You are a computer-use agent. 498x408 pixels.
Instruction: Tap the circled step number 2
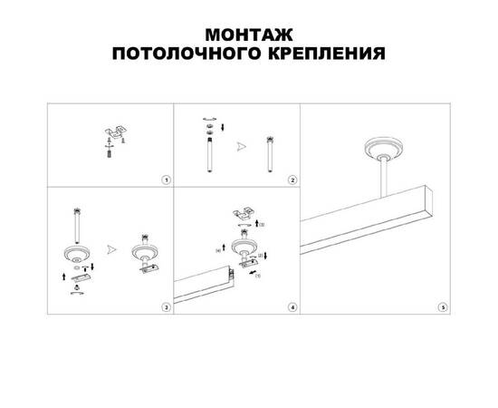click(292, 180)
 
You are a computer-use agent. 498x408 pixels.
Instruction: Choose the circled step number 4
click(292, 308)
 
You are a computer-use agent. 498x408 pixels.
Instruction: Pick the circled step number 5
click(443, 308)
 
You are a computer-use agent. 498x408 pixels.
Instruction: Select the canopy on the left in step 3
click(76, 255)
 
